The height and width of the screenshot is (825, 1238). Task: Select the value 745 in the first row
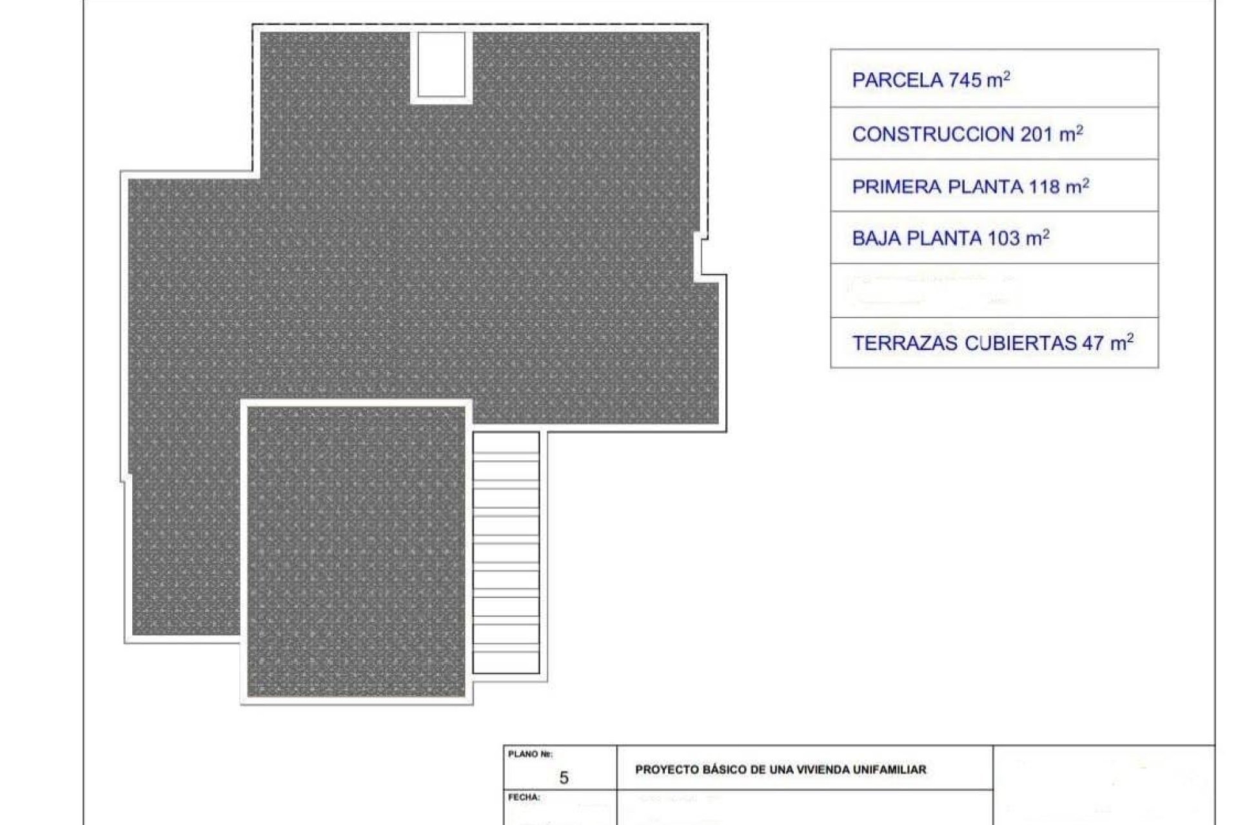[x=965, y=81]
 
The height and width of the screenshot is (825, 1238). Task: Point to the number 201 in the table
[x=1036, y=135]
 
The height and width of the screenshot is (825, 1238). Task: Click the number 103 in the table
[x=1004, y=238]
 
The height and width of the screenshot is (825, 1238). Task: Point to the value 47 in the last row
[x=1093, y=344]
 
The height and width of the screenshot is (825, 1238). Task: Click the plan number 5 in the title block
[x=564, y=778]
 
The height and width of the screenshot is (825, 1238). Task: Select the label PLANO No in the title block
[x=530, y=754]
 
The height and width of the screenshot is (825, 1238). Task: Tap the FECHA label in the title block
[x=524, y=797]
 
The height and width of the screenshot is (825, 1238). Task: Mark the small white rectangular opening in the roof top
[x=441, y=64]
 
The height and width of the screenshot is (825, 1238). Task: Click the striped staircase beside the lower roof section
[x=506, y=552]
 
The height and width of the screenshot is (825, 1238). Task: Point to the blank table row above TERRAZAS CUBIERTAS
[x=994, y=290]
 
